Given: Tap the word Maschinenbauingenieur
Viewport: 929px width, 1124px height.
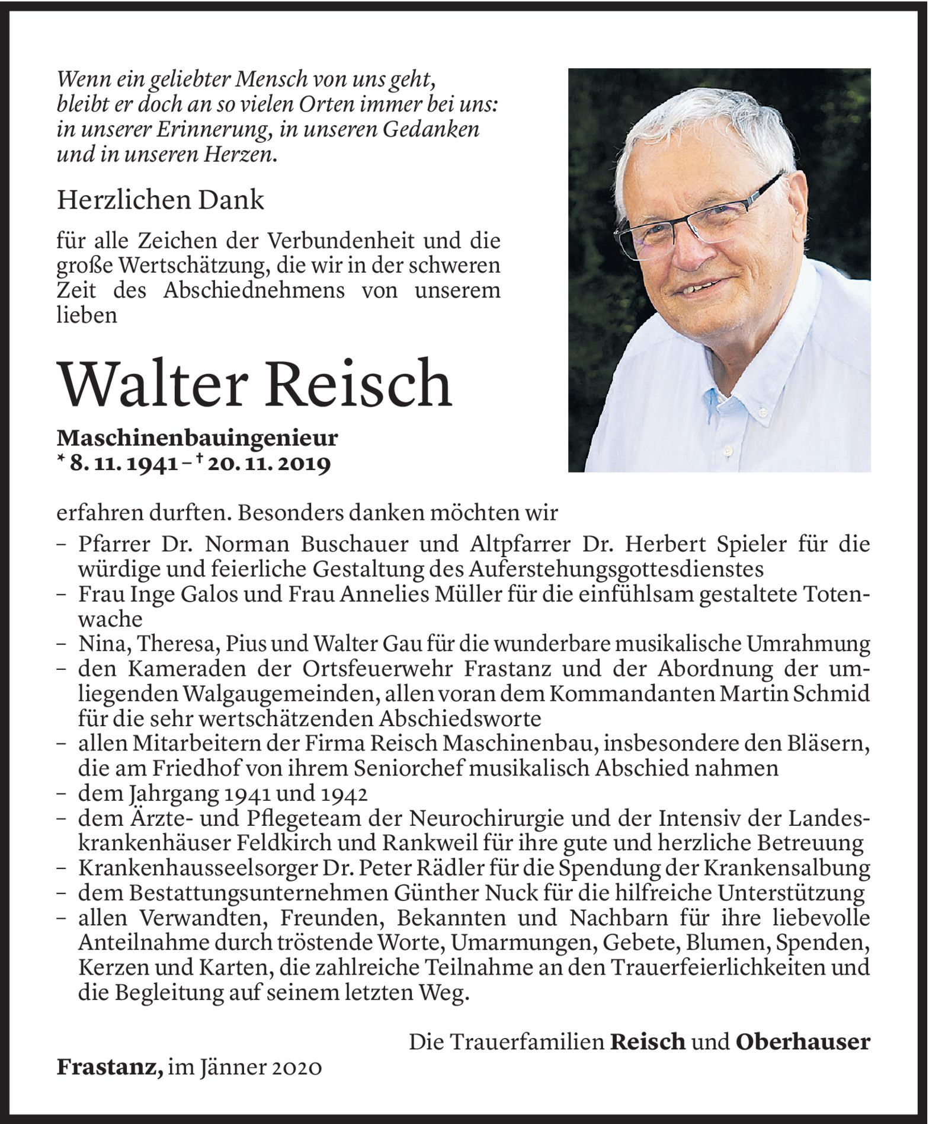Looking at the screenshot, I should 197,439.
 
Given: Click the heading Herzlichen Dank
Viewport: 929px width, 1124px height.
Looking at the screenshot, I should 160,200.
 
